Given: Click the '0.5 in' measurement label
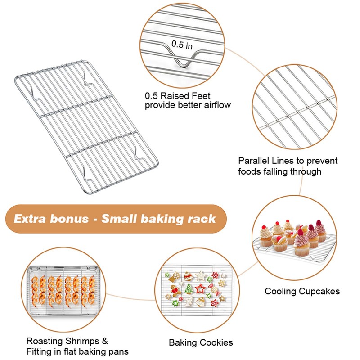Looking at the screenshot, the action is pos(182,45).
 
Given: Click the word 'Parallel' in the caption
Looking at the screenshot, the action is pos(253,161).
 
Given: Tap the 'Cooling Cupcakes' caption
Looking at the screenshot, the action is pos(302,291).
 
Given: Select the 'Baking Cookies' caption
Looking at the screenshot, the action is pos(201,342).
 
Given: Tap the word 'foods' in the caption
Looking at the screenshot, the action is pos(250,171).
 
